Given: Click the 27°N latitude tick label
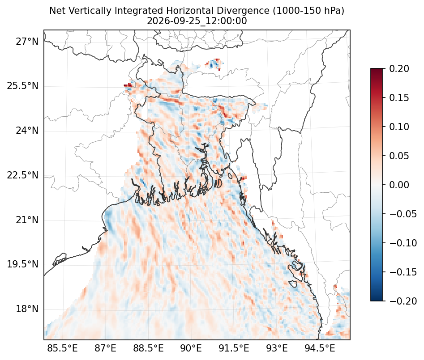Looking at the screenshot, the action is (x=27, y=42).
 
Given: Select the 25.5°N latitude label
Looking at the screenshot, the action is (x=23, y=86).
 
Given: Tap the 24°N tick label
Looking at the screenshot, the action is (x=27, y=131).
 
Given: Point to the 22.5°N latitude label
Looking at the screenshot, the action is (x=23, y=175).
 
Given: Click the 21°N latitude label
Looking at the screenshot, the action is (x=27, y=220).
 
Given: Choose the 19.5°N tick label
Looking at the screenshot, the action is (x=23, y=264).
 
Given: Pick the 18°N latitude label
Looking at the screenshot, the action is (x=27, y=309).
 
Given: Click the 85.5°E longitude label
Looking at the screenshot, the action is (x=63, y=348).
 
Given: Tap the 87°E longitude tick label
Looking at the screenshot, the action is (x=106, y=348).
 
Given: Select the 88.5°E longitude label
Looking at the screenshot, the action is (x=148, y=348).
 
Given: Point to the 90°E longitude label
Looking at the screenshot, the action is (x=191, y=348).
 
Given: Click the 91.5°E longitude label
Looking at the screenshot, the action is (x=234, y=348).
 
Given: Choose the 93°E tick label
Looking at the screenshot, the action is (x=277, y=348).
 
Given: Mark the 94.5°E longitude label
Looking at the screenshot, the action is (x=320, y=348).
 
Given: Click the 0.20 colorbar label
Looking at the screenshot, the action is (x=399, y=68).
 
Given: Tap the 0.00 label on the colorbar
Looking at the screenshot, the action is (x=399, y=185).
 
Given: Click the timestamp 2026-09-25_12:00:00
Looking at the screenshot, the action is (x=197, y=21).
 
